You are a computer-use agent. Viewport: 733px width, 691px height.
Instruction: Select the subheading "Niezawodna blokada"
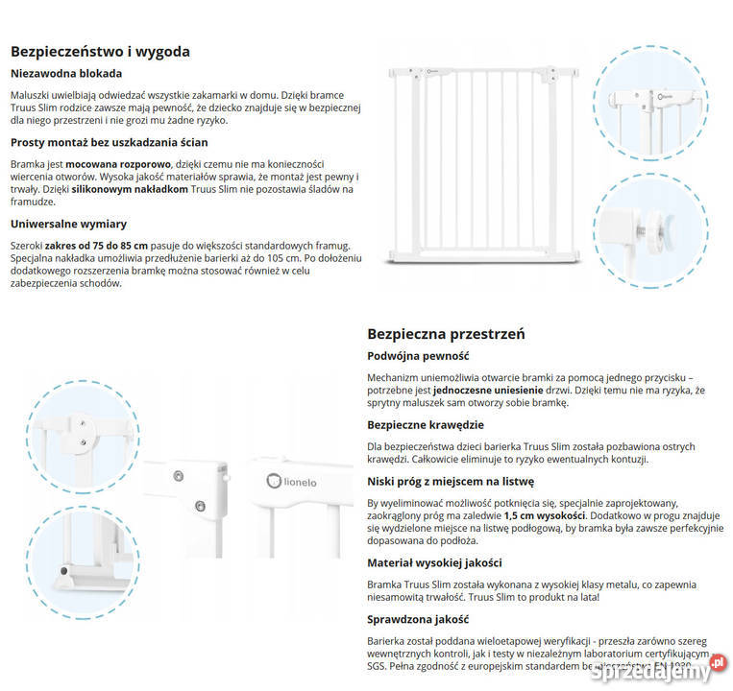[x=66, y=74]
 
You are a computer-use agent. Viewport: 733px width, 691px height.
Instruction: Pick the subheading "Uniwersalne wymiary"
[x=68, y=224]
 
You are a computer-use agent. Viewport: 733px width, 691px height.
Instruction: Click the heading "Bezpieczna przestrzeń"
[x=446, y=334]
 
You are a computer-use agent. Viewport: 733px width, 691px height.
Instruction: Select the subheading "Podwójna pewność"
[x=418, y=356]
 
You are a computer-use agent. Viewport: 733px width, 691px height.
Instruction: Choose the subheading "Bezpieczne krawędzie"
[x=426, y=425]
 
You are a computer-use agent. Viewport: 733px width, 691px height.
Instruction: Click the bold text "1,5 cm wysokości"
[x=547, y=515]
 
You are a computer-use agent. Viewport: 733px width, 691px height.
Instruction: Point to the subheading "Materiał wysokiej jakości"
[x=434, y=563]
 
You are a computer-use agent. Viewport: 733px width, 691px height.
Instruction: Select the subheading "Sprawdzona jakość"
[x=418, y=619]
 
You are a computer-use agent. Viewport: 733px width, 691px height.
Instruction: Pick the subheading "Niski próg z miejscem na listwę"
[x=451, y=481]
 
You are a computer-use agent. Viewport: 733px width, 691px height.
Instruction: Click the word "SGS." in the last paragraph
[x=380, y=664]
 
